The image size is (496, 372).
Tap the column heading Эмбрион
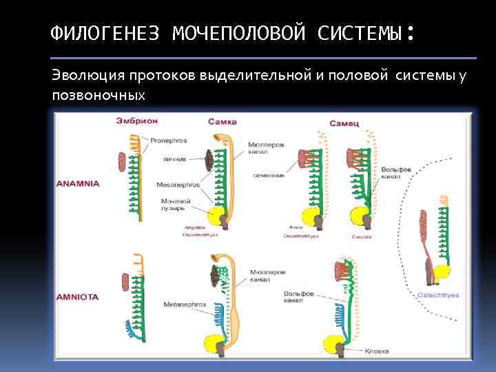click(136, 121)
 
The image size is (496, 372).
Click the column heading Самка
click(222, 121)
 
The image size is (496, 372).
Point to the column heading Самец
click(342, 123)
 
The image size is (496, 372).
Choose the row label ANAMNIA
click(78, 184)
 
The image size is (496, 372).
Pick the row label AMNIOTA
click(77, 297)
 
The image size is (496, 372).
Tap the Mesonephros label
click(178, 185)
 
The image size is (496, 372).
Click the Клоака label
click(376, 351)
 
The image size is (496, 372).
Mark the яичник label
click(174, 159)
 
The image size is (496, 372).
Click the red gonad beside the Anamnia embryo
click(123, 163)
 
